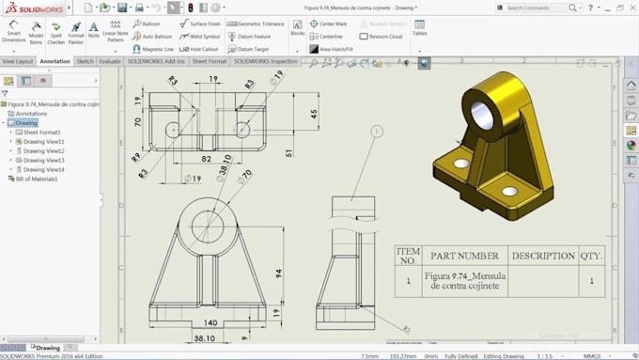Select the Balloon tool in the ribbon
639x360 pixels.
149,23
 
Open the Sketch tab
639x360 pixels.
85,61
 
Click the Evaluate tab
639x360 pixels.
110,61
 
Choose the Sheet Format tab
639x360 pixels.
210,61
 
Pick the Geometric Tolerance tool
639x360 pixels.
256,23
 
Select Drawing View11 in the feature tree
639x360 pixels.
43,142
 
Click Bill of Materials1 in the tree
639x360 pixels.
37,179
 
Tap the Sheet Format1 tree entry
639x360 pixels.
41,133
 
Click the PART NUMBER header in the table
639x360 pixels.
464,256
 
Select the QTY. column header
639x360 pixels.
591,256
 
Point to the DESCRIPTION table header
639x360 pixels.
542,256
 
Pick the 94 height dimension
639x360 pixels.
279,274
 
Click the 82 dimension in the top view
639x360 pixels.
206,159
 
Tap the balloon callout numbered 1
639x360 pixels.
377,132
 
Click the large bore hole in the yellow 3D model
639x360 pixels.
482,114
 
